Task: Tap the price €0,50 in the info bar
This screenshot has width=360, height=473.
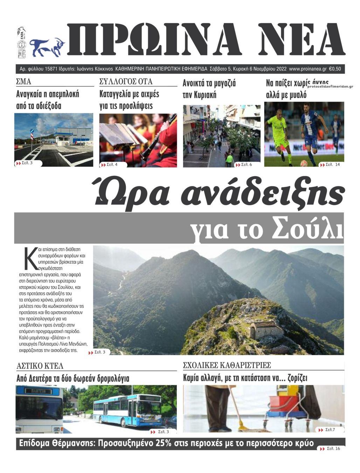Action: point(335,69)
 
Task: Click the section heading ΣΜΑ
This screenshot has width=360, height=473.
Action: point(24,82)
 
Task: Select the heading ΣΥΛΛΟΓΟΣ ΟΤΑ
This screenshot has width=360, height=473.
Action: point(126,82)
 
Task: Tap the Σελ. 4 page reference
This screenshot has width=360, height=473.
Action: point(112,164)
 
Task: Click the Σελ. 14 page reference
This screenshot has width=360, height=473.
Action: point(332,164)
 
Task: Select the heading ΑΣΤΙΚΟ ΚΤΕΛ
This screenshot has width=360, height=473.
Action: point(40,366)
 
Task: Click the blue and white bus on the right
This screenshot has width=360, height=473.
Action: point(128,409)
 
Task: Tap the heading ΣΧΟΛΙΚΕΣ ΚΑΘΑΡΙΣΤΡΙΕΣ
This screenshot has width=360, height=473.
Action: point(227,365)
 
